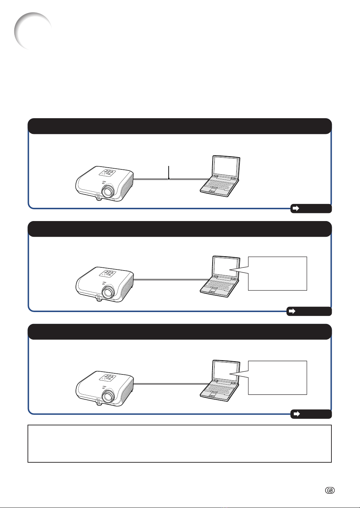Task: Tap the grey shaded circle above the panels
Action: (x=33, y=31)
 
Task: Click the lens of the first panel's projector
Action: (x=108, y=190)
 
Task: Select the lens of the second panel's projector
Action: (x=108, y=291)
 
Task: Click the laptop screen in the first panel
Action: (x=226, y=166)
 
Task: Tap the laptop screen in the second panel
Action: (x=226, y=267)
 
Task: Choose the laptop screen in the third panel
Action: (x=226, y=371)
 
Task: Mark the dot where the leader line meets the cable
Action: (x=169, y=179)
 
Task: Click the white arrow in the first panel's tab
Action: (x=296, y=208)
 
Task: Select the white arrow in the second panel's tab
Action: (x=292, y=311)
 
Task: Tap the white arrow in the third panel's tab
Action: (x=296, y=414)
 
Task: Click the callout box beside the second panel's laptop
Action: (x=277, y=273)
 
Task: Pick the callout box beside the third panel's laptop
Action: (x=277, y=378)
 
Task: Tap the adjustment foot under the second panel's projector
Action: (x=99, y=300)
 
